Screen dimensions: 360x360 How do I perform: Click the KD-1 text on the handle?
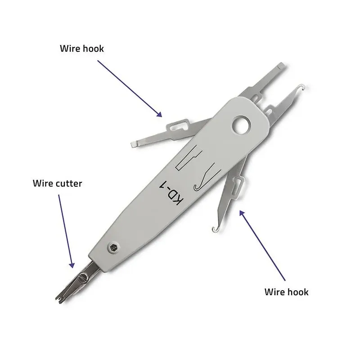click(171, 193)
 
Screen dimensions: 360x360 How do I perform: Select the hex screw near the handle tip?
click(113, 247)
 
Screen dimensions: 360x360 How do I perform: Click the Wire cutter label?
click(58, 184)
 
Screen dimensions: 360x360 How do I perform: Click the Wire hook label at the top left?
click(82, 49)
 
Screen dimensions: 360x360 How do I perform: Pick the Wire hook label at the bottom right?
click(286, 292)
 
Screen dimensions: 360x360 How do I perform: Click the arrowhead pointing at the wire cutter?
click(72, 265)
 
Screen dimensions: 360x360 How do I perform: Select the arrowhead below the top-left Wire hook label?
click(159, 114)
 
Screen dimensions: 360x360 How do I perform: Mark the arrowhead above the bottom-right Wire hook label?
click(242, 213)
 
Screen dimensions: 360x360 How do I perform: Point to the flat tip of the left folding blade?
click(134, 144)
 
